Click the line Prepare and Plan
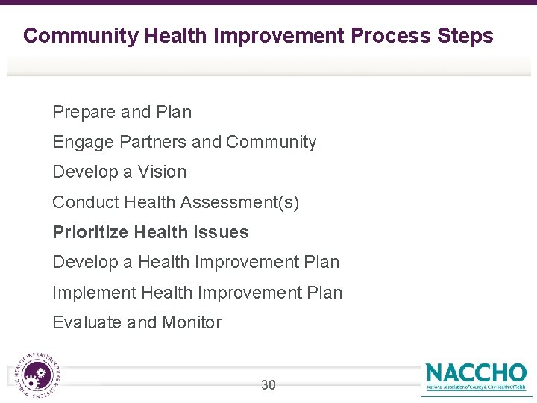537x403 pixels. click(x=122, y=112)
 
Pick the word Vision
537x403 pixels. click(x=162, y=172)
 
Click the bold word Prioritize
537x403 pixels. click(x=90, y=232)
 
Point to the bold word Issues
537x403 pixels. click(x=222, y=232)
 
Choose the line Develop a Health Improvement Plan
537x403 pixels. click(x=195, y=262)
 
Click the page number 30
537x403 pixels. click(x=268, y=385)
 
